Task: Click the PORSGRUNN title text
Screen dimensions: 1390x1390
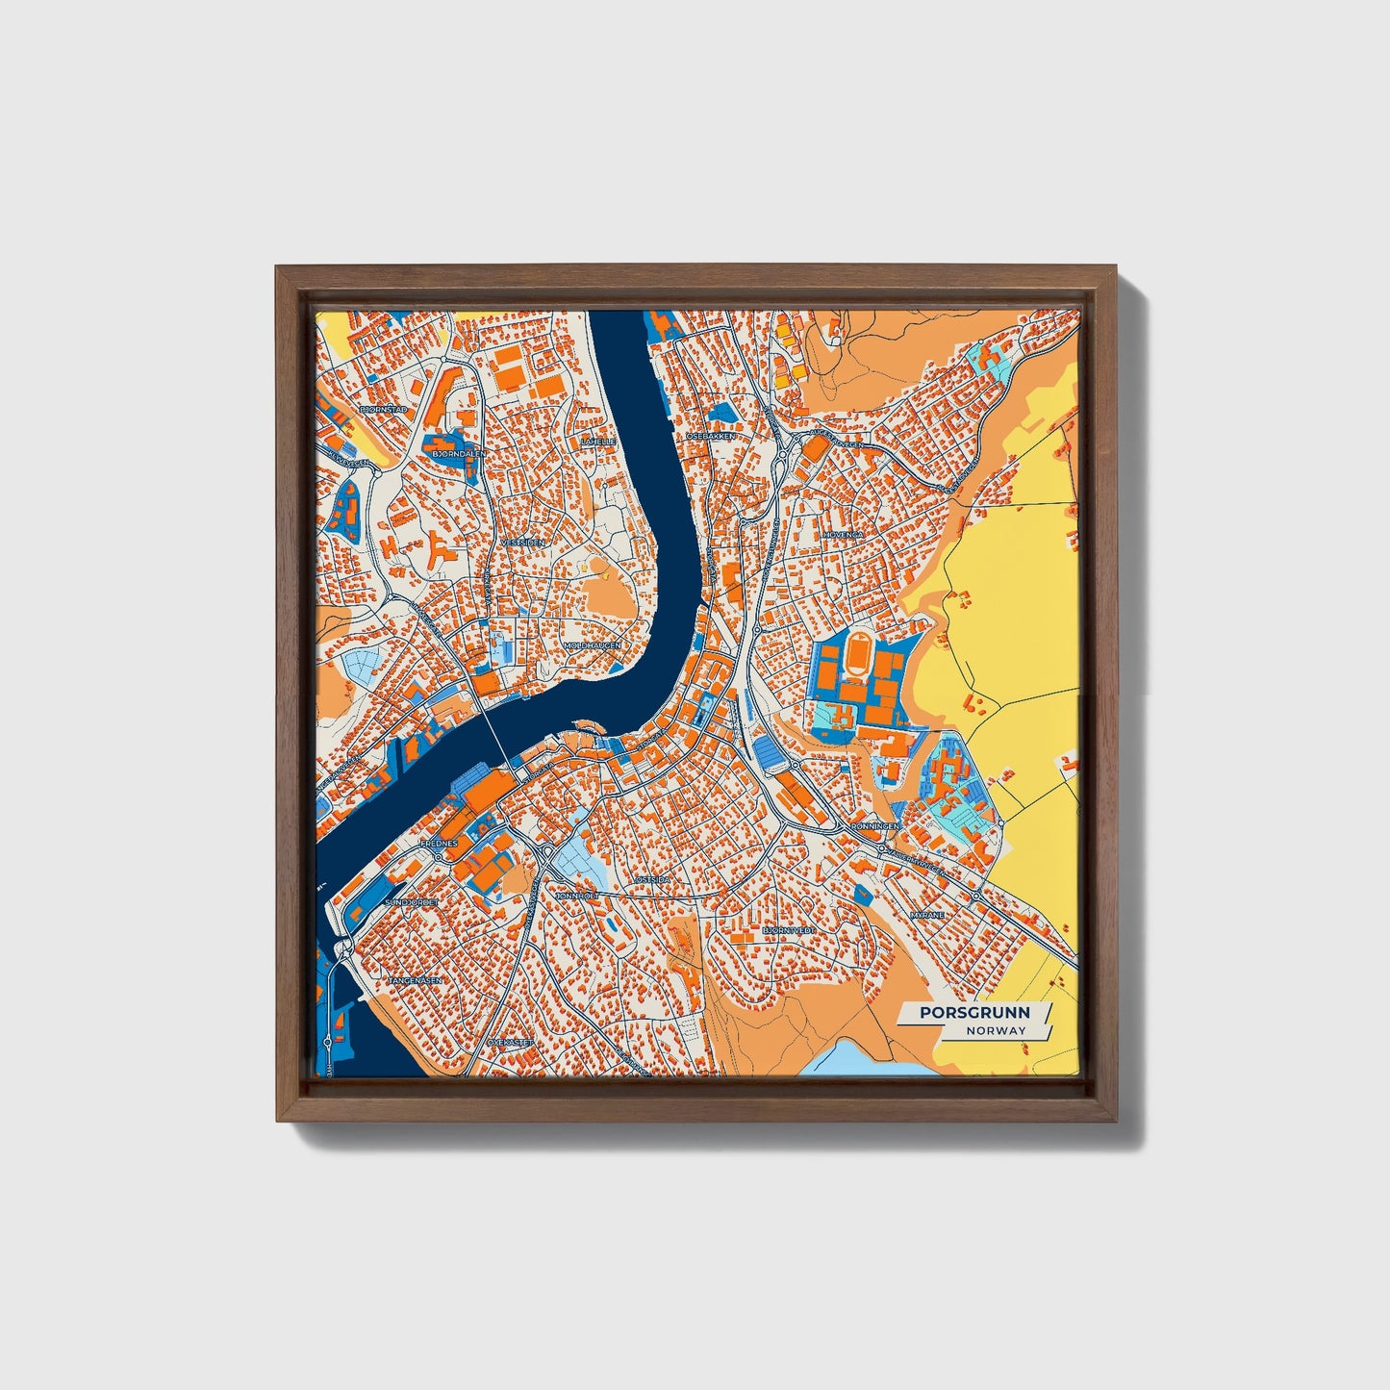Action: coord(973,1012)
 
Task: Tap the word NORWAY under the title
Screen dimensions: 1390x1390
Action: coord(997,1030)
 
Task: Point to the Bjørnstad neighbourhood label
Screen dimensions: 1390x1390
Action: coord(384,410)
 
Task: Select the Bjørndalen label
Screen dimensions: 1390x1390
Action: coord(460,452)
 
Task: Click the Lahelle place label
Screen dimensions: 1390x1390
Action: coord(597,442)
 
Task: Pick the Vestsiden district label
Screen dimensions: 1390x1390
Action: coord(522,543)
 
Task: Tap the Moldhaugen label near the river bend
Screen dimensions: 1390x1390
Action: coord(593,645)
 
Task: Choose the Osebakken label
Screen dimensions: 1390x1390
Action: coord(711,436)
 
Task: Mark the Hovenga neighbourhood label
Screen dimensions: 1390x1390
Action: coord(843,533)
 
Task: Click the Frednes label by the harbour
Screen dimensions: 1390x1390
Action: coord(439,843)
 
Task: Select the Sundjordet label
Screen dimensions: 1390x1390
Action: coord(412,902)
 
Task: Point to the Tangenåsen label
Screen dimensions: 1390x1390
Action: coord(415,980)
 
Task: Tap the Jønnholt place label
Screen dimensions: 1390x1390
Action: coord(577,896)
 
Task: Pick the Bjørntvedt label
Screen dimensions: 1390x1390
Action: coord(789,930)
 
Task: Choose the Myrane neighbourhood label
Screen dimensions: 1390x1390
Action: coord(927,915)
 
